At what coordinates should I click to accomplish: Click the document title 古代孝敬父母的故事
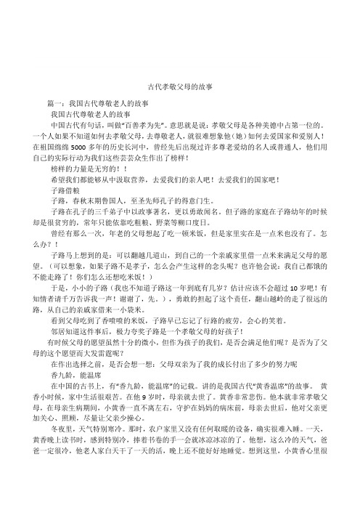tap(180, 86)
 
